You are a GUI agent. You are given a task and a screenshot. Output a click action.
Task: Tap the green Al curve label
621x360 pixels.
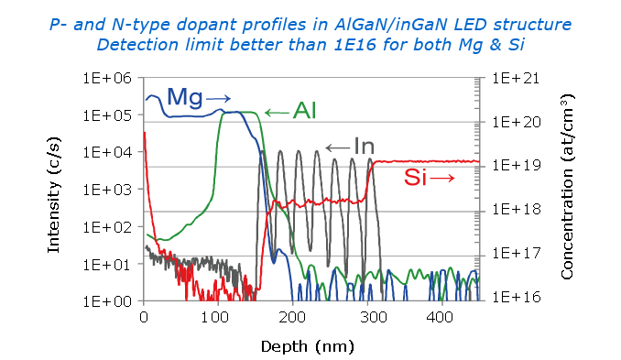pyautogui.click(x=304, y=112)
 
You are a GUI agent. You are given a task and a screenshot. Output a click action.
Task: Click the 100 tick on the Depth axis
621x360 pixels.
pyautogui.click(x=217, y=317)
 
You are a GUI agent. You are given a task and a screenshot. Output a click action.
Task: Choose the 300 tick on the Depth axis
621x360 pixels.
pyautogui.click(x=366, y=317)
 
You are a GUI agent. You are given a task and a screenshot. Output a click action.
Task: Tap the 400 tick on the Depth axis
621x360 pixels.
pyautogui.click(x=441, y=317)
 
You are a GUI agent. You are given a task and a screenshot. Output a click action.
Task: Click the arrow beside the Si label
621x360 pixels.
pyautogui.click(x=442, y=179)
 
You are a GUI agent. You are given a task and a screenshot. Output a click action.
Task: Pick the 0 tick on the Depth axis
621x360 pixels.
pyautogui.click(x=143, y=317)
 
